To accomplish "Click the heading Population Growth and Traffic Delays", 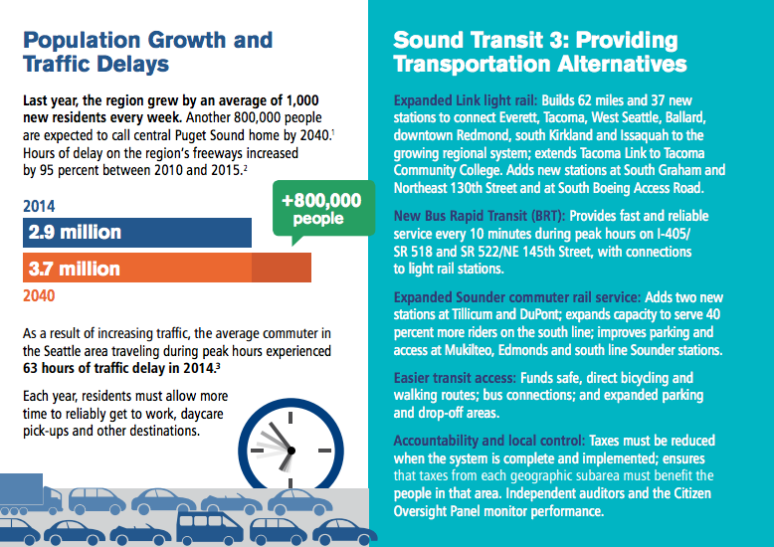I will coord(146,53).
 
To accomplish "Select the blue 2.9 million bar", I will coord(136,233).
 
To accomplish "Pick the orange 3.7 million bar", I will coord(166,269).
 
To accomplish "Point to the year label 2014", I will coord(39,208).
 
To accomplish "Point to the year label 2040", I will coord(39,295).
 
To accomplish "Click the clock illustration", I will coord(289,449).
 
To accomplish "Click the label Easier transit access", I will coord(453,378).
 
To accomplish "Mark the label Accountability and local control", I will coord(489,440).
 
